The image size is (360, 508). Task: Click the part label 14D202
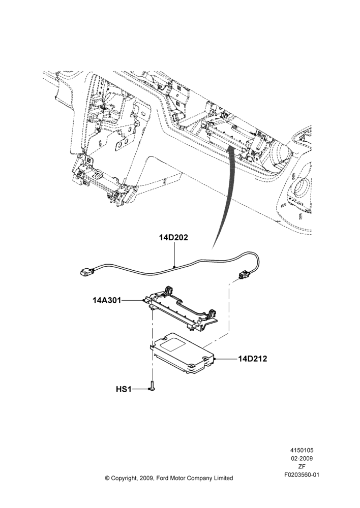click(173, 237)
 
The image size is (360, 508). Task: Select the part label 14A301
click(107, 300)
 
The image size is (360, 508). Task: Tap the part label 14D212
click(253, 359)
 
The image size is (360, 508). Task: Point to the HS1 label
click(124, 389)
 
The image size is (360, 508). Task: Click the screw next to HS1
click(152, 385)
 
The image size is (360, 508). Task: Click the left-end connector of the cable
click(86, 272)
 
